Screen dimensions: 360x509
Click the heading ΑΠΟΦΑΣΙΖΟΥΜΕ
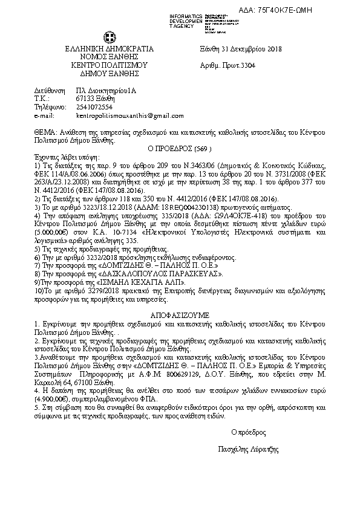tap(180, 316)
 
